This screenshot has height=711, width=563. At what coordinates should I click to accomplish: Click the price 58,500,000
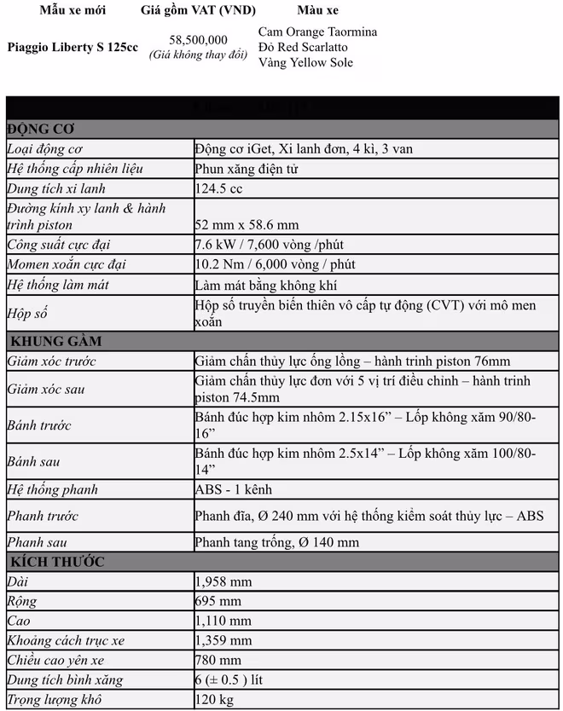pyautogui.click(x=198, y=40)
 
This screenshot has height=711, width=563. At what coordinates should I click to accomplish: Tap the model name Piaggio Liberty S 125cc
pyautogui.click(x=73, y=47)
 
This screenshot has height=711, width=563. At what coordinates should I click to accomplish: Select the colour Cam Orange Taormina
pyautogui.click(x=317, y=32)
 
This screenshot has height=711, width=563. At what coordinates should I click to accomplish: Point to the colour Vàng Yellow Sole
pyautogui.click(x=305, y=62)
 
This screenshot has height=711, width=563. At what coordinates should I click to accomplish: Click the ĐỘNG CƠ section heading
pyautogui.click(x=41, y=129)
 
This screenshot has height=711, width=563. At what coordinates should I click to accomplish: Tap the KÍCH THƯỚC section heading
pyautogui.click(x=56, y=562)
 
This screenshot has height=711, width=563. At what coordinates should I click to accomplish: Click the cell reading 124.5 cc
pyautogui.click(x=218, y=188)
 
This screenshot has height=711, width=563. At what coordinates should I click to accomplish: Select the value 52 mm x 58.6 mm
pyautogui.click(x=247, y=225)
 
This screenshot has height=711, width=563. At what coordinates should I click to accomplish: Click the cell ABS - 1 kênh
pyautogui.click(x=234, y=489)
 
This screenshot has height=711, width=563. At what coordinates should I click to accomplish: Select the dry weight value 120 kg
pyautogui.click(x=213, y=700)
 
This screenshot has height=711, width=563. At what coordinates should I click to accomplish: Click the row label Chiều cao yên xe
pyautogui.click(x=56, y=660)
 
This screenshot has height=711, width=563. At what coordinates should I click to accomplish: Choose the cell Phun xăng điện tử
pyautogui.click(x=247, y=169)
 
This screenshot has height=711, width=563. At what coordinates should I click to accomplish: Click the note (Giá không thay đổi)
pyautogui.click(x=198, y=55)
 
